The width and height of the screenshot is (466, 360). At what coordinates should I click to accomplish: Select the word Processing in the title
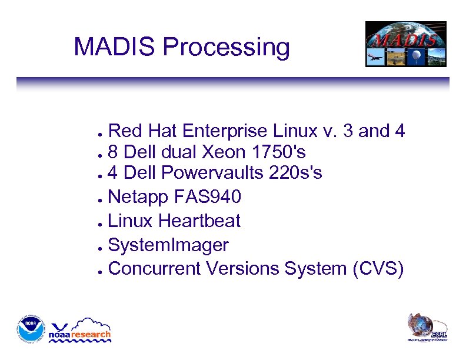pyautogui.click(x=226, y=48)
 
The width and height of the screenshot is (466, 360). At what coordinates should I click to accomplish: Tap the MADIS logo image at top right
pyautogui.click(x=405, y=44)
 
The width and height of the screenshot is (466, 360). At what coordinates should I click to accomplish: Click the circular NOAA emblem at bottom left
pyautogui.click(x=31, y=330)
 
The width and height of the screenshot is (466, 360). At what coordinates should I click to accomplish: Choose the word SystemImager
pyautogui.click(x=169, y=245)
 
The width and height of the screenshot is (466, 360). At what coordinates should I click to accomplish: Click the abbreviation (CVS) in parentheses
pyautogui.click(x=378, y=268)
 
